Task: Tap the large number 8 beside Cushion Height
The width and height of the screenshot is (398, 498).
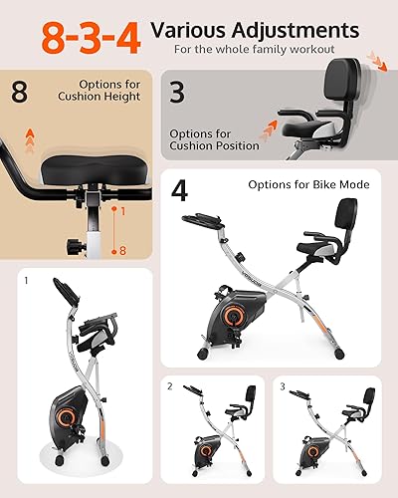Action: pos(20,93)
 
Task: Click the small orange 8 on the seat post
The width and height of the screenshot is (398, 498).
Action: pos(122,252)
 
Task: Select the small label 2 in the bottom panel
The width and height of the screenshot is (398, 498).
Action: pos(170,385)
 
